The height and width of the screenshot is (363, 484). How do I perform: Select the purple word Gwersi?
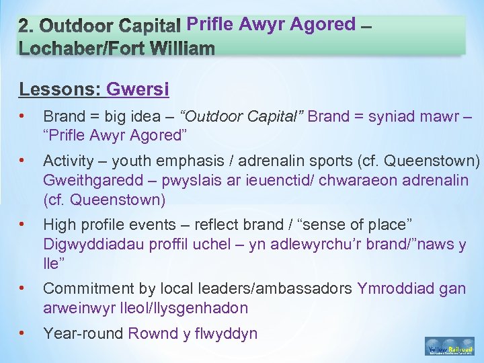(x=138, y=89)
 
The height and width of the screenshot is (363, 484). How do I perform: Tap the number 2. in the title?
(x=26, y=26)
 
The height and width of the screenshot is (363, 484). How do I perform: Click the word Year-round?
(x=83, y=333)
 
